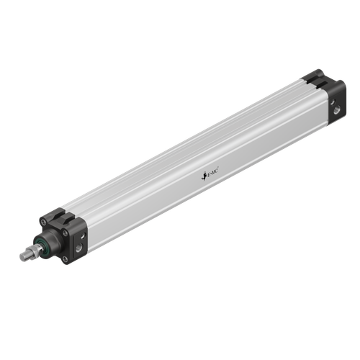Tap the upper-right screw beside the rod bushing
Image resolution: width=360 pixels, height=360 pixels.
point(66,232)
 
